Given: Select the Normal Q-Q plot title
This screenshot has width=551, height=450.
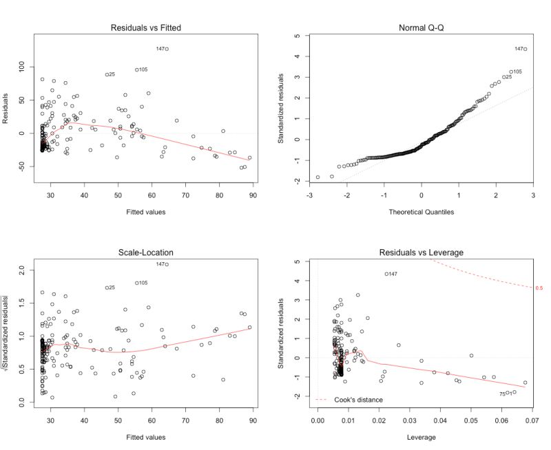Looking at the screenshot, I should pos(421,28).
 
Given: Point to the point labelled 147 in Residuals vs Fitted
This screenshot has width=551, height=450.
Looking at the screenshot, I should pos(167,49).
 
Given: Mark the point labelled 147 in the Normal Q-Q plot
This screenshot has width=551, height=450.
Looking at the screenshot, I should pos(525,49).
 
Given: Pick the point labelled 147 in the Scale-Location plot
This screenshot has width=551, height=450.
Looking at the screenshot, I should pos(167,264).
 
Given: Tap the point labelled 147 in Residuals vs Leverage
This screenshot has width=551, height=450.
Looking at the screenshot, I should pos(386,274).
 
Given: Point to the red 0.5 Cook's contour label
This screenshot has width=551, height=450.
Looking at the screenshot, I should pos(539,288).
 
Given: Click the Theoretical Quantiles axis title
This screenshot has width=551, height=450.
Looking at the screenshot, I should pos(421,211).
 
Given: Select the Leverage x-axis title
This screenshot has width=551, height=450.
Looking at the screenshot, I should pos(421,436).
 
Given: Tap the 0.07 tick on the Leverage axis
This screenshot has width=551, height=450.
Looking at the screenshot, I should pos(530,418).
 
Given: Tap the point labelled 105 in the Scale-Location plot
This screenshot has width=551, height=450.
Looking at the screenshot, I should pos(137,283).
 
